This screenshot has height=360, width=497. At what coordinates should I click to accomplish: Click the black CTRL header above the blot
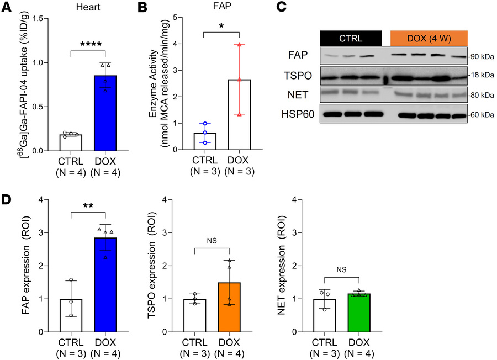(x=351, y=38)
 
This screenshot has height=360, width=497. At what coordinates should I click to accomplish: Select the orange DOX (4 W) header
(x=429, y=38)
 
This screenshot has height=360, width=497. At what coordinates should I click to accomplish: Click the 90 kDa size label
(x=482, y=57)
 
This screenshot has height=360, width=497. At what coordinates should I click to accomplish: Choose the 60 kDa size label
(x=482, y=115)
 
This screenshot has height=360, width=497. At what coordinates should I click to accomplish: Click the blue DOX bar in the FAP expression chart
(x=105, y=285)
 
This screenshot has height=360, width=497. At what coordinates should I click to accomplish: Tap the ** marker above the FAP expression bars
(x=87, y=205)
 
